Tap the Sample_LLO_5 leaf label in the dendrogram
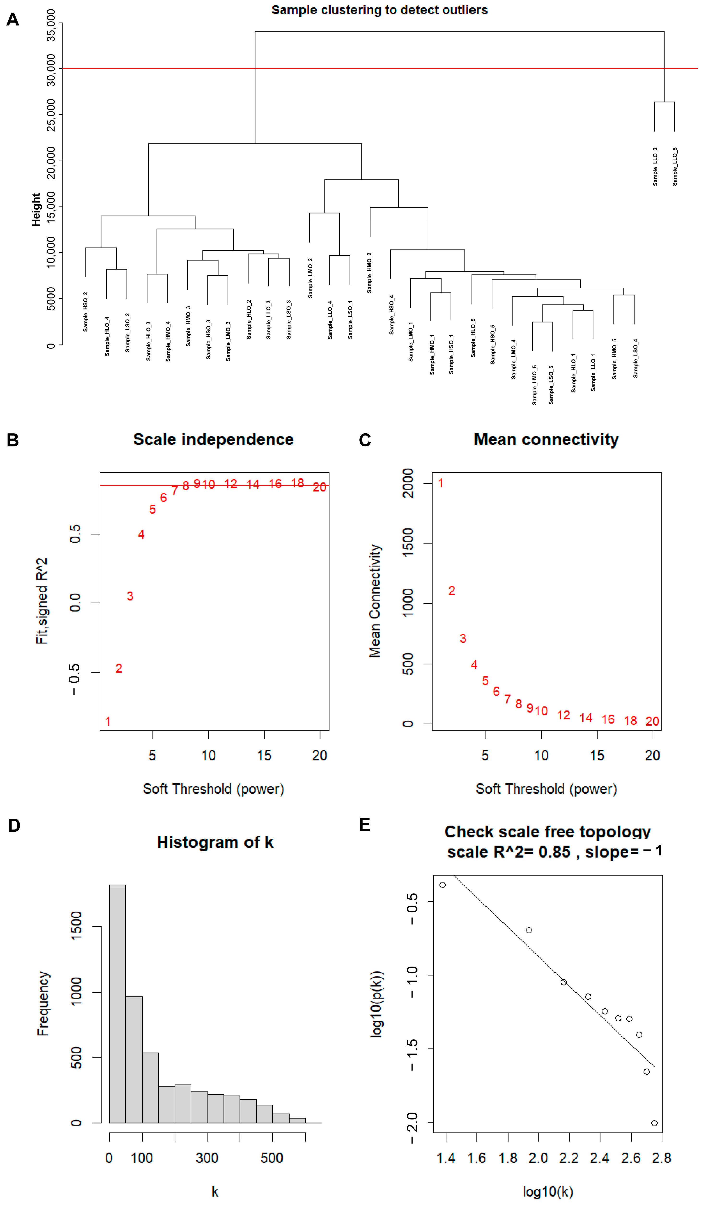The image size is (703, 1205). [x=675, y=166]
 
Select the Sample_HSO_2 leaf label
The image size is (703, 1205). [x=86, y=312]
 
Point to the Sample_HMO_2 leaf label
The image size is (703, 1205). [x=369, y=272]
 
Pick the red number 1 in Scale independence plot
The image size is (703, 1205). [x=108, y=721]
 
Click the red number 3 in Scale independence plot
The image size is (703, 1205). [x=130, y=596]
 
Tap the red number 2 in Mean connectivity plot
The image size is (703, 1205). [x=451, y=591]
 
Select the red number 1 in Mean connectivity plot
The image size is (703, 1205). [x=440, y=483]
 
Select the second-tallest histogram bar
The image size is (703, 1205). [x=134, y=1059]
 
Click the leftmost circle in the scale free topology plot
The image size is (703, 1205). [x=442, y=885]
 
